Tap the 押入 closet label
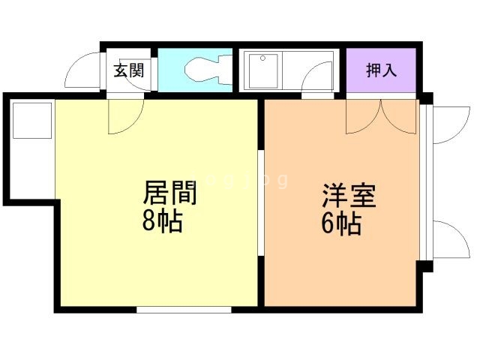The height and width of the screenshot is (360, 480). coord(380,71)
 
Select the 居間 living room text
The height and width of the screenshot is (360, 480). coord(170,193)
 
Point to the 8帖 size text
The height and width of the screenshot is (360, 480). coord(162,221)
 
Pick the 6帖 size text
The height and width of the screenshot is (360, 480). coord(341,223)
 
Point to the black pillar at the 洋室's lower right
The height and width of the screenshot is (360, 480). coord(426,265)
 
